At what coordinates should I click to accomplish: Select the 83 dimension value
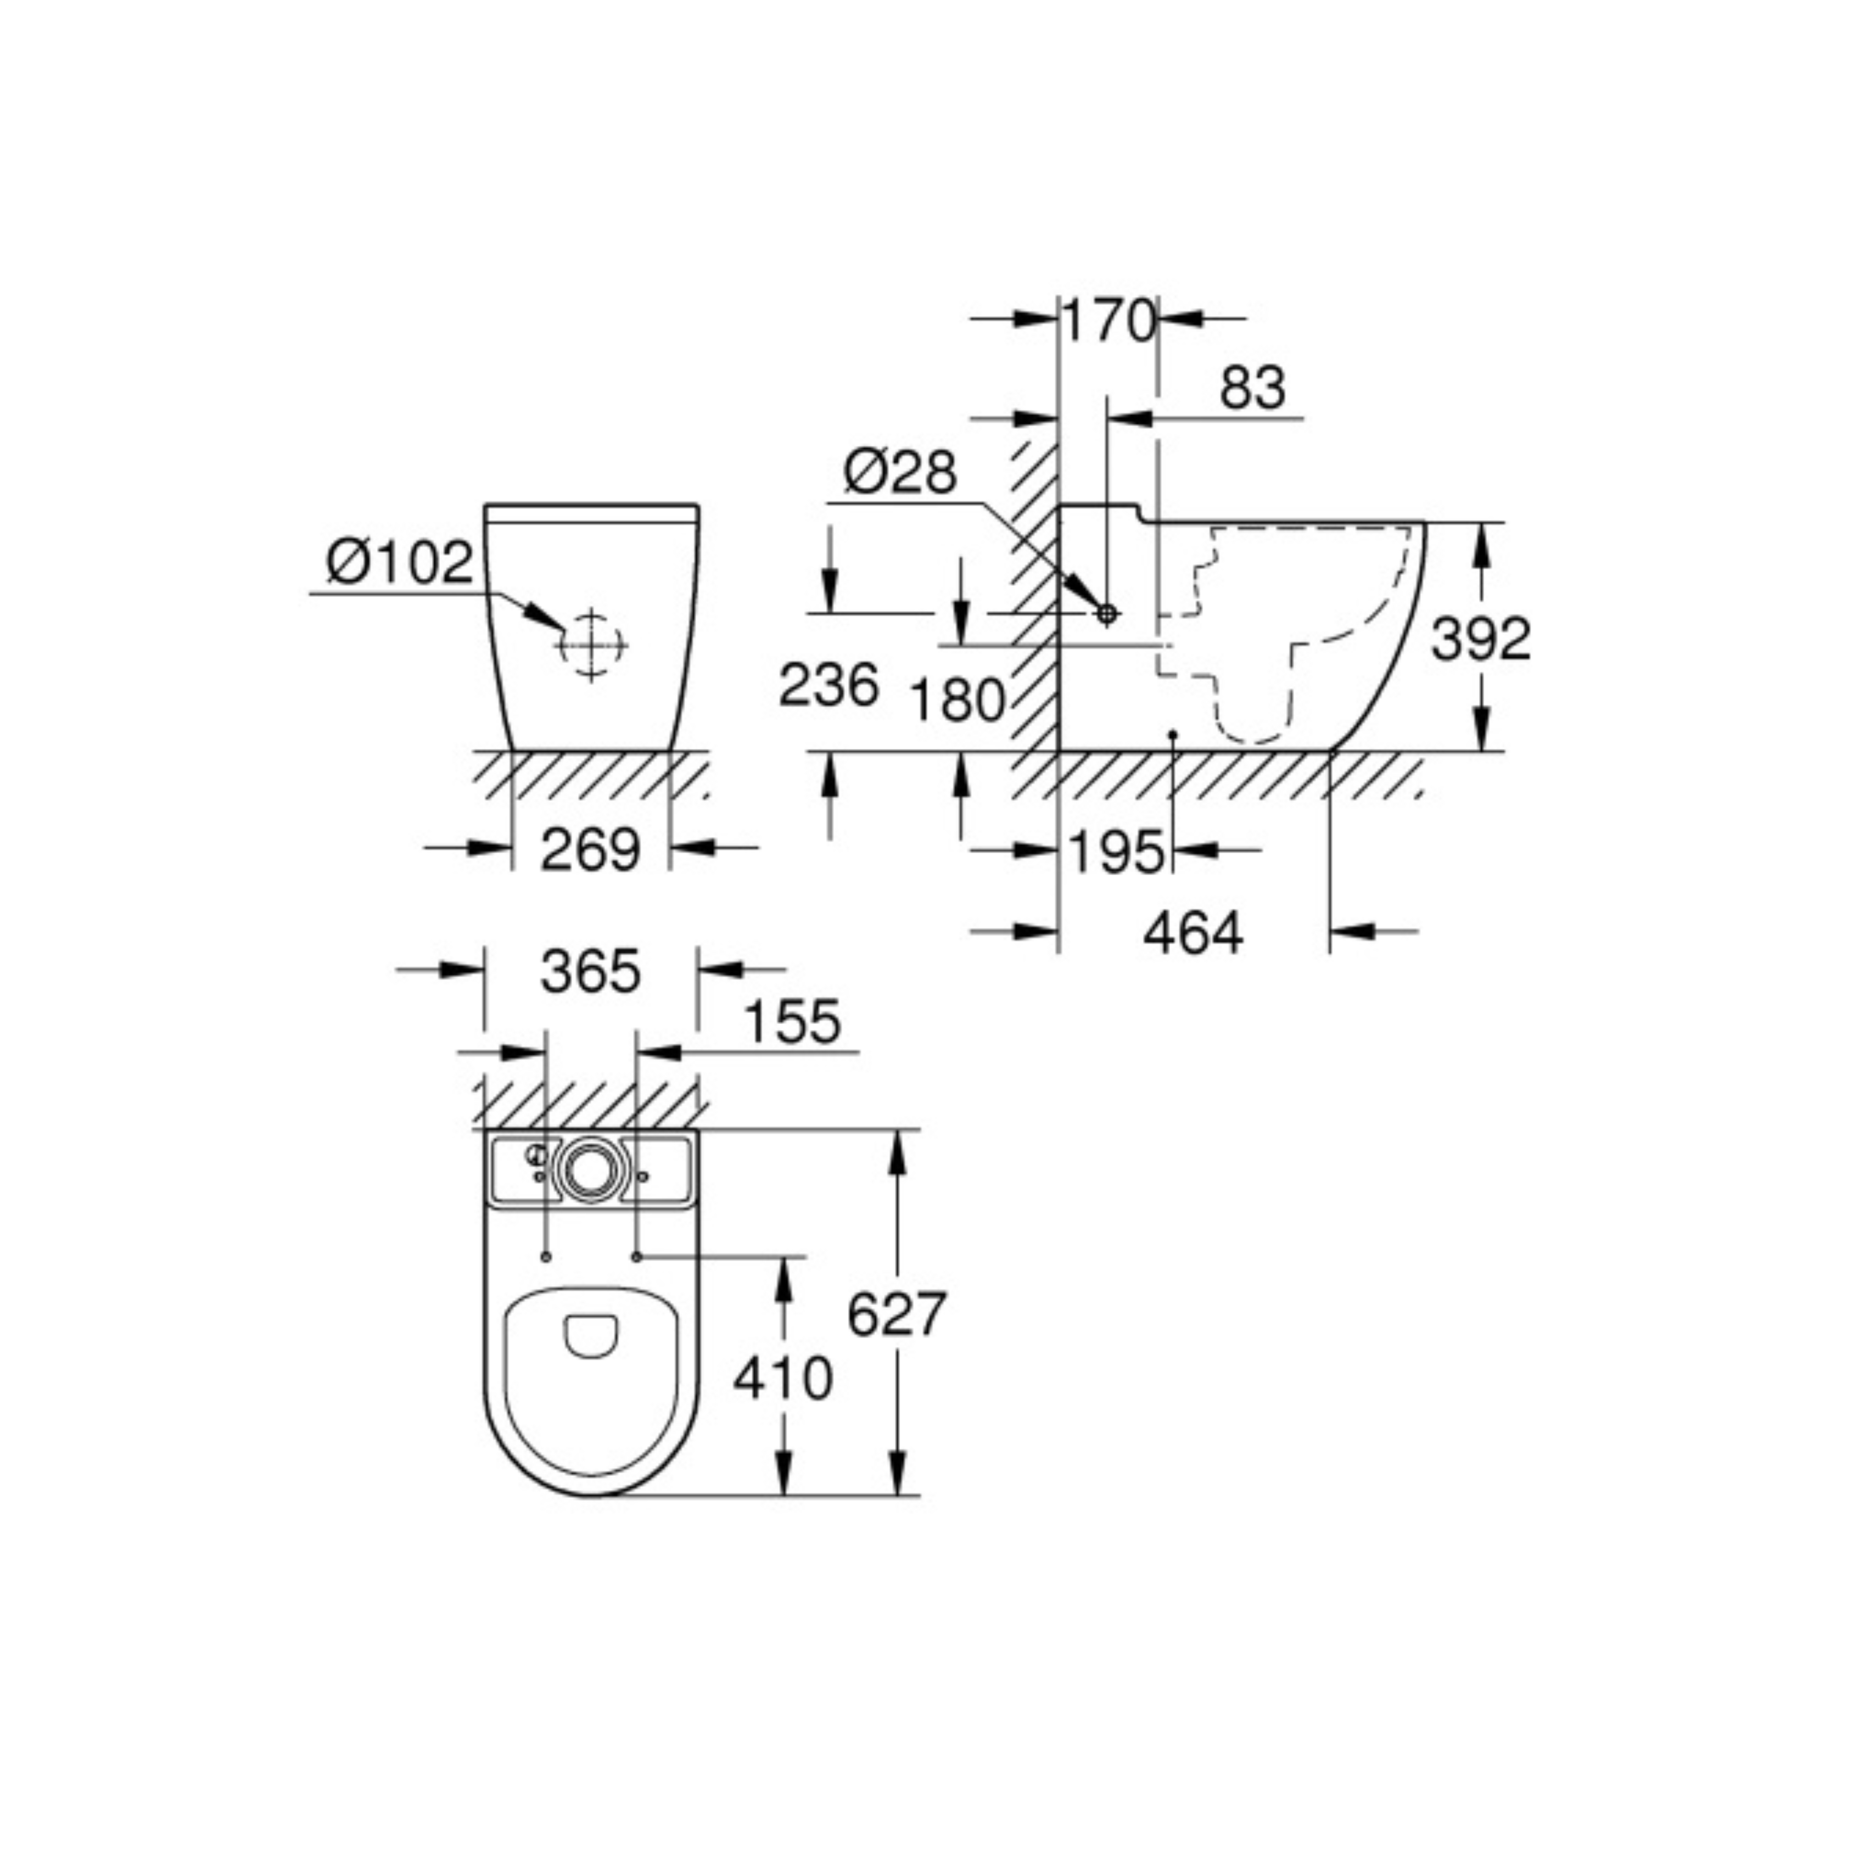tap(1252, 388)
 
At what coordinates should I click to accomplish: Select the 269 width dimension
tap(590, 850)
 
